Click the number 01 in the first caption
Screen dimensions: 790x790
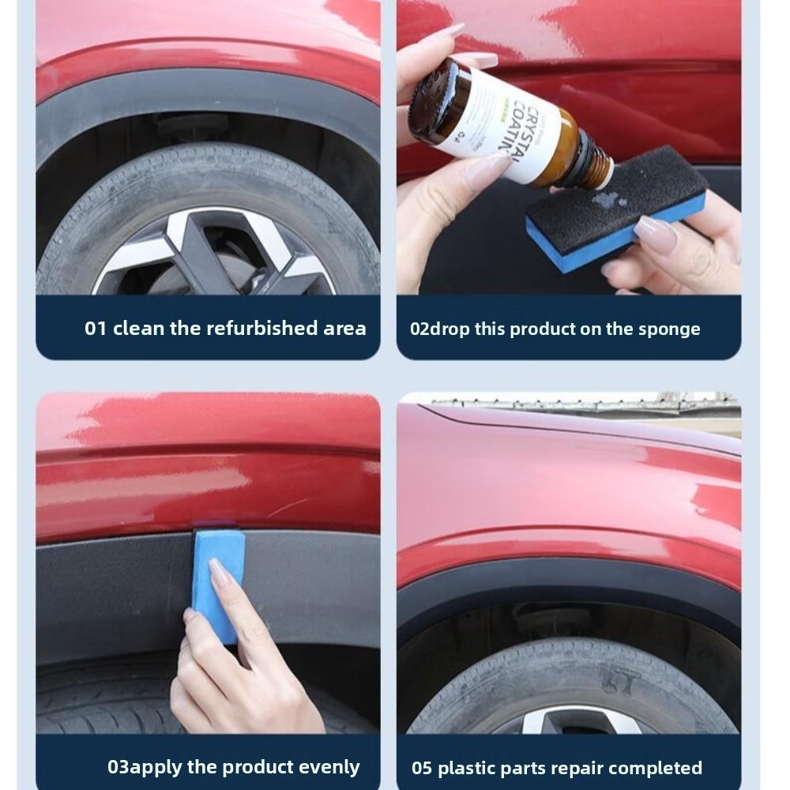[x=96, y=329]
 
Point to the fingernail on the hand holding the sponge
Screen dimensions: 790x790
[x=656, y=235]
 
